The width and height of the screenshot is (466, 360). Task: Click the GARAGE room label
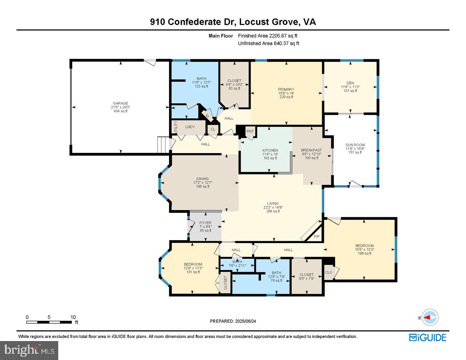(120, 103)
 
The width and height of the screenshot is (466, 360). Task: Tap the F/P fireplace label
(317, 237)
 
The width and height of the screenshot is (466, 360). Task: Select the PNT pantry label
(250, 132)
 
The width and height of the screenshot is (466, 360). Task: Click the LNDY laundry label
(190, 127)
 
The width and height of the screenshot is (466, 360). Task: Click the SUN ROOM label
(355, 145)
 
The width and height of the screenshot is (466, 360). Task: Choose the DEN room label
(350, 83)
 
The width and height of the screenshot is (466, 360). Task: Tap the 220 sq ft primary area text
(286, 97)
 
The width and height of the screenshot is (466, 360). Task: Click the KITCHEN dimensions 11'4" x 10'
(270, 154)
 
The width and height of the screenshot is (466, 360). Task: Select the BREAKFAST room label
(311, 150)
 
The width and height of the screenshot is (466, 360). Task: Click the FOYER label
(205, 223)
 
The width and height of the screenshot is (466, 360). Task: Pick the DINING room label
(202, 179)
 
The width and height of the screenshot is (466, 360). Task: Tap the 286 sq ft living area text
(273, 211)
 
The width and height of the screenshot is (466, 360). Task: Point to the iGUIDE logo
(427, 337)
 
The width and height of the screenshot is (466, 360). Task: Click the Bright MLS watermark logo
(29, 350)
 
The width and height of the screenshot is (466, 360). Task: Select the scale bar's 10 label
(73, 317)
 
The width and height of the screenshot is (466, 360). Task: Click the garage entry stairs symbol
(163, 144)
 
